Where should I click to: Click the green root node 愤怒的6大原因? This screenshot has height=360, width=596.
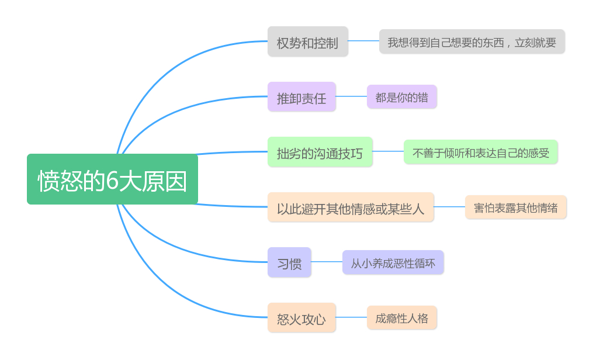click(x=112, y=179)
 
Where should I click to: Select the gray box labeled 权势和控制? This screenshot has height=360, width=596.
click(x=307, y=42)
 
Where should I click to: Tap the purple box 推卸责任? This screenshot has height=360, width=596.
click(x=302, y=97)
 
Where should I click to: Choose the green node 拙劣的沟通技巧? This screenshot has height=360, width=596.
click(x=320, y=153)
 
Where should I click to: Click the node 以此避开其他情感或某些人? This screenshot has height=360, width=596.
click(x=351, y=207)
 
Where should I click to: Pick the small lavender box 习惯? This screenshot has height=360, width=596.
click(x=289, y=262)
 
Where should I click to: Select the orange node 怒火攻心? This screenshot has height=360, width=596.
click(x=302, y=318)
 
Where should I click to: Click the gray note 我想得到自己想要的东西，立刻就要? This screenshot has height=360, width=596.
click(x=472, y=42)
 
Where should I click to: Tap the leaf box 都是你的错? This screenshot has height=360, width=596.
click(x=401, y=97)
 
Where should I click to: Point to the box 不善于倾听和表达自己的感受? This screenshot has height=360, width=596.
click(x=480, y=153)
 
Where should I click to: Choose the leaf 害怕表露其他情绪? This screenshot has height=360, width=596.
click(x=515, y=207)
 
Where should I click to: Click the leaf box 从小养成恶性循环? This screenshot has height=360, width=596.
click(x=393, y=262)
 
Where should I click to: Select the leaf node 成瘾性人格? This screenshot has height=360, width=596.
click(x=401, y=318)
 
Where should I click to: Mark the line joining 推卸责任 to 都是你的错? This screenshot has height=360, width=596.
click(x=351, y=96)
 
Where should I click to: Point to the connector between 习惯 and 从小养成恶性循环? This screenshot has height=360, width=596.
click(x=327, y=262)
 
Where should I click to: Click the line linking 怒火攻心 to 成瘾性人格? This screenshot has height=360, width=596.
click(x=351, y=317)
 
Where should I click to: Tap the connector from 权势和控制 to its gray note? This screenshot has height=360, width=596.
click(x=363, y=41)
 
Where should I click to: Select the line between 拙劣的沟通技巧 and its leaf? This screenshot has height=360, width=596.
click(x=388, y=151)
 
